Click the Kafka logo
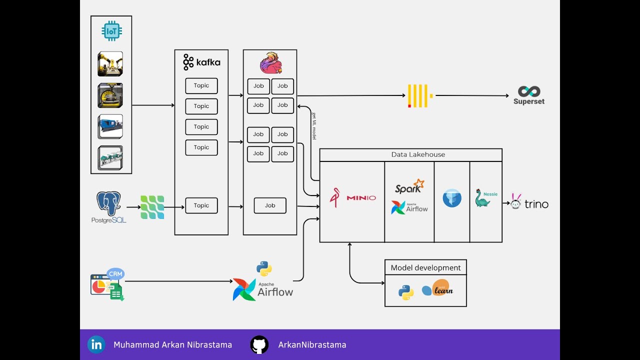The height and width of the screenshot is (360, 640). pos(201,62)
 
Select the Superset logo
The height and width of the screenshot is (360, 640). pos(528,95)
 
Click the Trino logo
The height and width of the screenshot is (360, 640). pos(529,203)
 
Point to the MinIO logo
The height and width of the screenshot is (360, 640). pos(352,198)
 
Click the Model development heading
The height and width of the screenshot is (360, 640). pos(425,267)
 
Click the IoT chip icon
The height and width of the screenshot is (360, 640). pos(111,31)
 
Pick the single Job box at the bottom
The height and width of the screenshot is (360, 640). pos(270,205)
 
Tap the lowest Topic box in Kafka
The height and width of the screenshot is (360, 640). pos(201,205)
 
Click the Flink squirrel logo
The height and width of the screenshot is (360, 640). pos(270,63)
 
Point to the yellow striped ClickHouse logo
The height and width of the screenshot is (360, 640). pos(419,96)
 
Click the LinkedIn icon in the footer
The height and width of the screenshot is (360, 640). pos(96,344)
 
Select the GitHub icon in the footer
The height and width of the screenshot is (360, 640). pos(259,344)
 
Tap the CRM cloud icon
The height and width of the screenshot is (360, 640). pos(115,274)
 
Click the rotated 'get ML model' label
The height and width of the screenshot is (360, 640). pos(314,126)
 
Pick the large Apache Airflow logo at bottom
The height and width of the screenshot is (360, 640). pos(263,289)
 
